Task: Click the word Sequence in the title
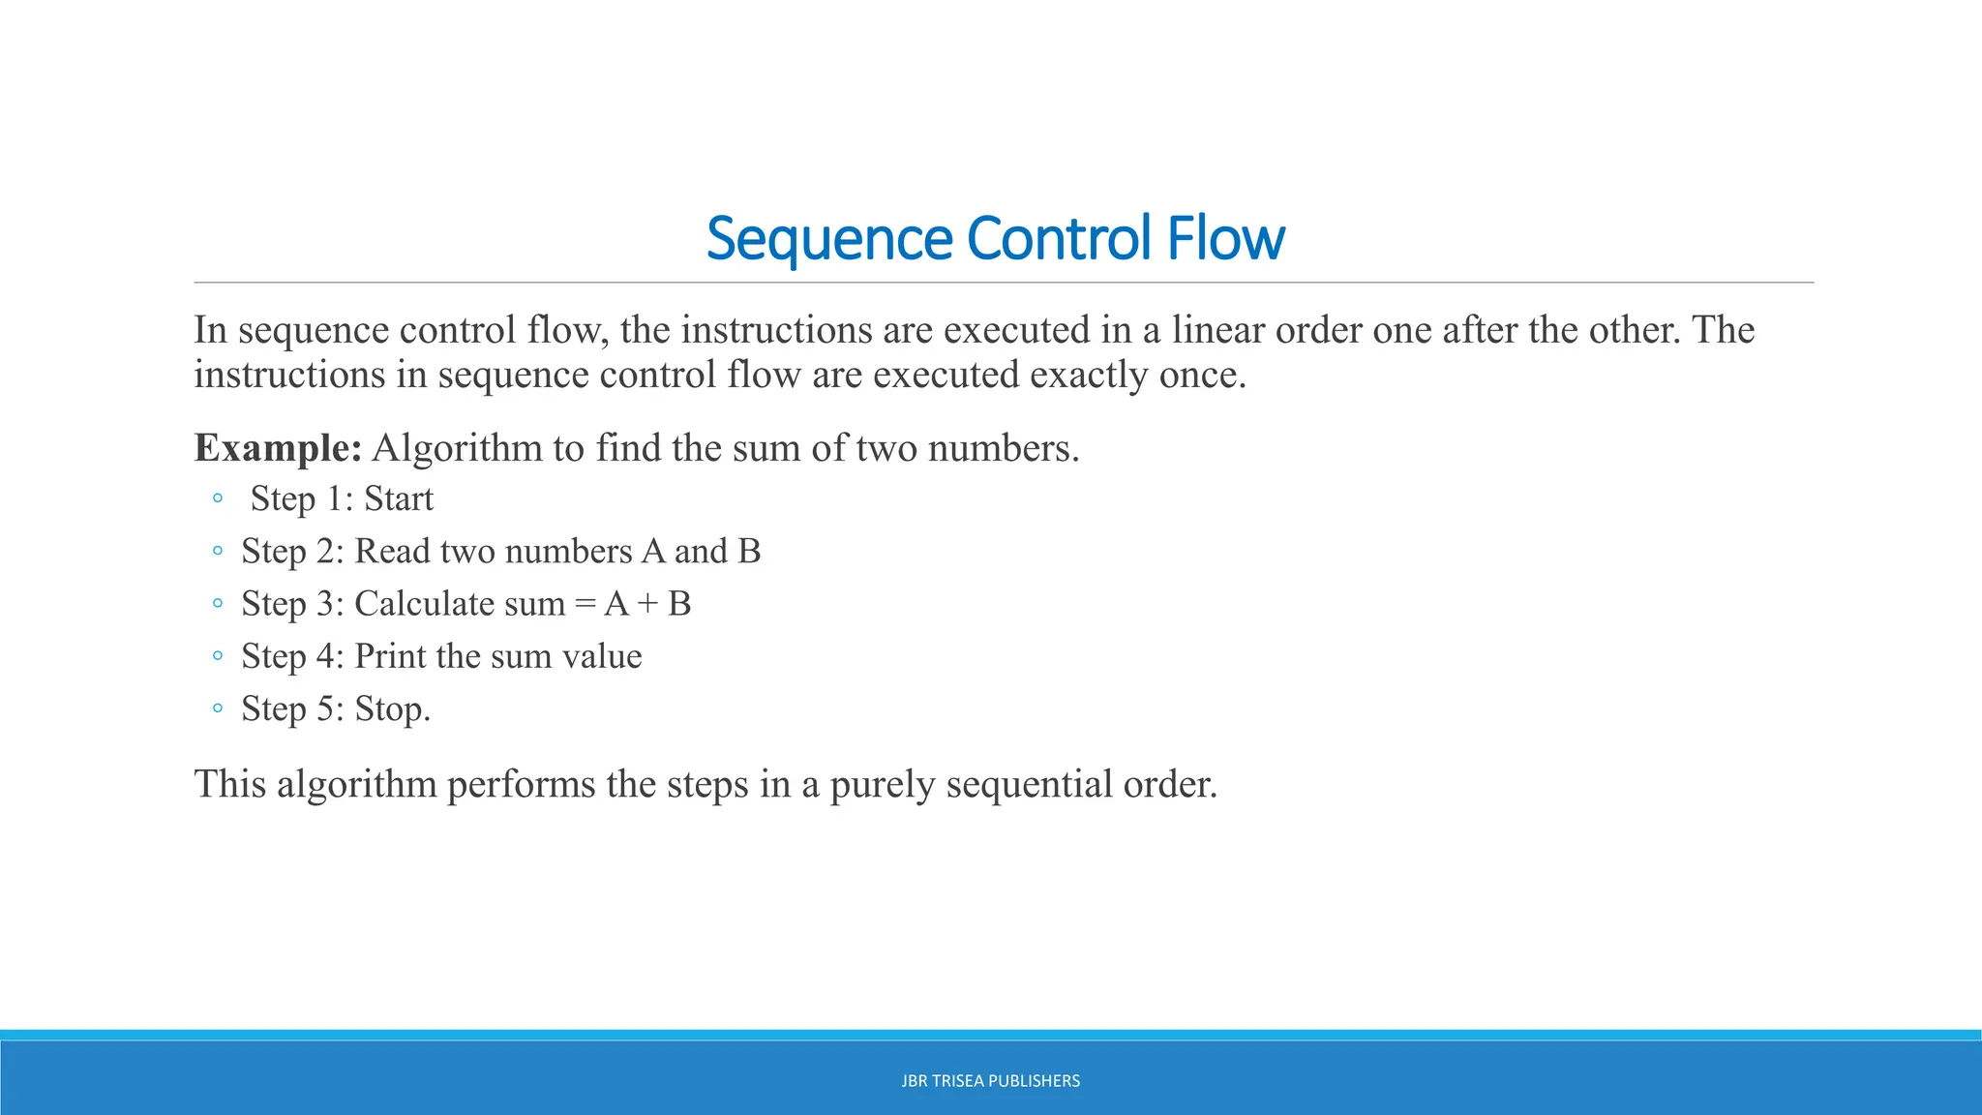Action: coord(829,239)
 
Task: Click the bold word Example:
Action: coord(278,448)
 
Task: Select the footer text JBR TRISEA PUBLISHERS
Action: coord(990,1081)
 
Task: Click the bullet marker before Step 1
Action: coord(218,498)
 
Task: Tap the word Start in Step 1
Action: coord(399,499)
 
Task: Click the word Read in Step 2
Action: coord(392,552)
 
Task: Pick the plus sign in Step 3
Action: coord(648,605)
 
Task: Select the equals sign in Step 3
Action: coord(585,605)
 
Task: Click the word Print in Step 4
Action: coord(390,656)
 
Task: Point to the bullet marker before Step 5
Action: coord(218,708)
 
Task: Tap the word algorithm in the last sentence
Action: coord(356,785)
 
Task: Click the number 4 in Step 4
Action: coord(326,656)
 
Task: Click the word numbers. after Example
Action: coord(1003,448)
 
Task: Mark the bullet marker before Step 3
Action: coord(218,604)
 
